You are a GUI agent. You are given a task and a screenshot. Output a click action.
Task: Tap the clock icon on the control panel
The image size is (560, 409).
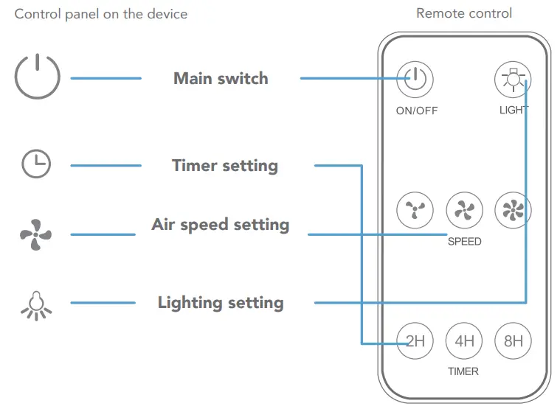pyautogui.click(x=36, y=164)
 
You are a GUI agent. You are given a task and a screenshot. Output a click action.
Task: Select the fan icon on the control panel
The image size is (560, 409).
pyautogui.click(x=35, y=235)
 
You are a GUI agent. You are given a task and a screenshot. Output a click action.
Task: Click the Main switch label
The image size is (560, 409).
pyautogui.click(x=221, y=78)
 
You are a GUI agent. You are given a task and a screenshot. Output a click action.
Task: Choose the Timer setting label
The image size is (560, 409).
pyautogui.click(x=224, y=165)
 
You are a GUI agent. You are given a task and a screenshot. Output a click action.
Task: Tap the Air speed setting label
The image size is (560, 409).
pyautogui.click(x=220, y=225)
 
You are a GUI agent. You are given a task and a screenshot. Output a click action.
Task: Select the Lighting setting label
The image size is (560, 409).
pyautogui.click(x=220, y=303)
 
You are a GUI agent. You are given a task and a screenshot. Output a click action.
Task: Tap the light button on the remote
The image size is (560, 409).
pyautogui.click(x=513, y=80)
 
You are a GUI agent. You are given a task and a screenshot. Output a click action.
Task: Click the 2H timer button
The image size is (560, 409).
pyautogui.click(x=415, y=340)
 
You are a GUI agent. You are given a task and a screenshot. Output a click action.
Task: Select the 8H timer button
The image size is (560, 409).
pyautogui.click(x=513, y=340)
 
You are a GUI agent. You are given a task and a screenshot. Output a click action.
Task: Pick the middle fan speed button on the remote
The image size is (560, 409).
pyautogui.click(x=464, y=212)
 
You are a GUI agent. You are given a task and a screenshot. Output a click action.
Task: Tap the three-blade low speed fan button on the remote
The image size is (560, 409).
pyautogui.click(x=415, y=212)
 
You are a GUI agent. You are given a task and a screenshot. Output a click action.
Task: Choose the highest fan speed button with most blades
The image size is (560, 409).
pyautogui.click(x=513, y=212)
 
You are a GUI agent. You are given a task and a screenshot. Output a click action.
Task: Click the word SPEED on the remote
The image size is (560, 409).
pyautogui.click(x=464, y=241)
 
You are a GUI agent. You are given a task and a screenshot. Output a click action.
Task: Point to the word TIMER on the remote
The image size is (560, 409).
pyautogui.click(x=463, y=371)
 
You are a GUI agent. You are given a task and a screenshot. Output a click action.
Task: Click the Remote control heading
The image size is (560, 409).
pyautogui.click(x=463, y=13)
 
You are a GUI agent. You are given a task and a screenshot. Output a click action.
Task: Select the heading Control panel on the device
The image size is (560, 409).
pyautogui.click(x=101, y=14)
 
